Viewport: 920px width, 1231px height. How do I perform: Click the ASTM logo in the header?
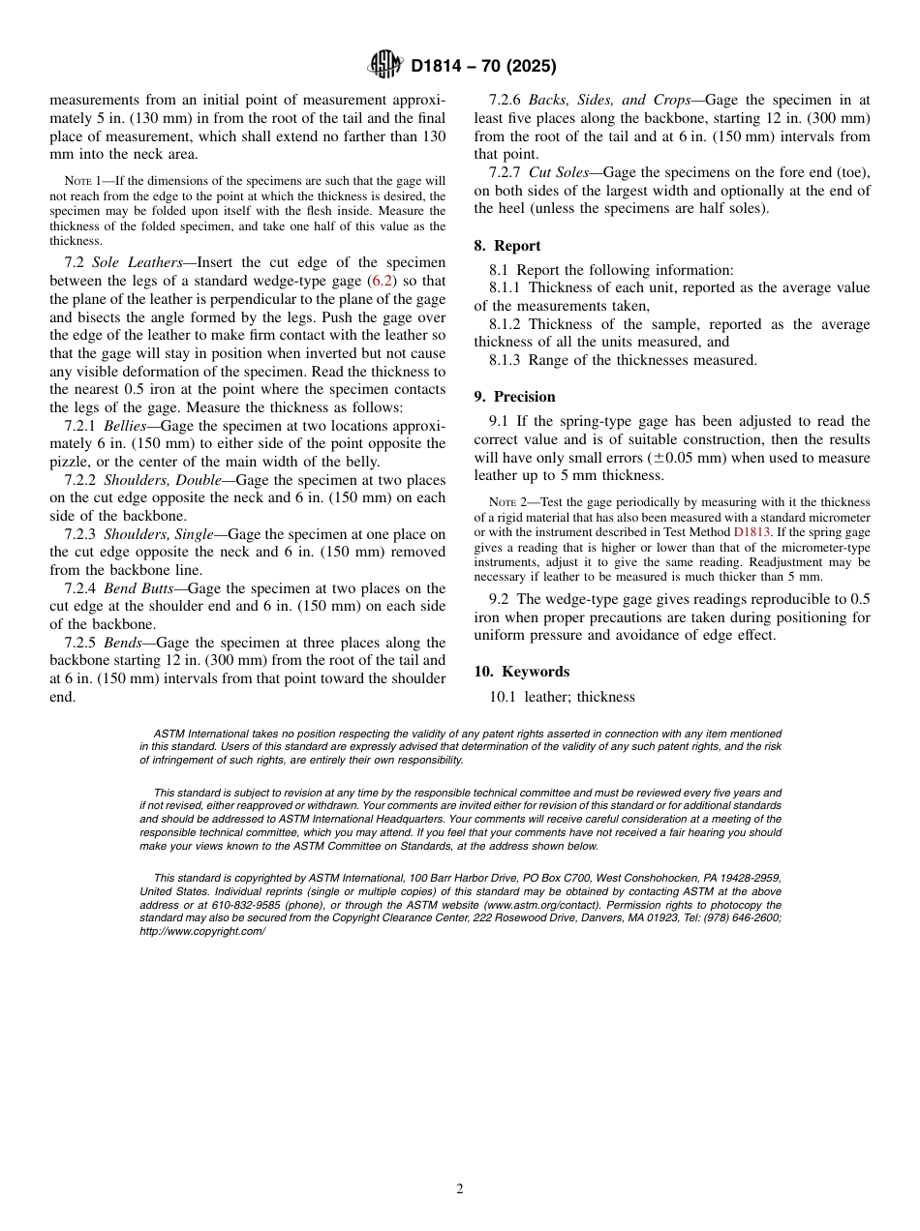pyautogui.click(x=385, y=66)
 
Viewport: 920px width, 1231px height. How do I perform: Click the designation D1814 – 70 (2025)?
pyautogui.click(x=483, y=67)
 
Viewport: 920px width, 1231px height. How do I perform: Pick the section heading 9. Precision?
pyautogui.click(x=514, y=397)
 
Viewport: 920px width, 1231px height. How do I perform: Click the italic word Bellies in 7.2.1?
pyautogui.click(x=125, y=426)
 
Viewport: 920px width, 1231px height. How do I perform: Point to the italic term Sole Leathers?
pyautogui.click(x=137, y=263)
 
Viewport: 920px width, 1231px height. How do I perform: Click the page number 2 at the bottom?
pyautogui.click(x=460, y=1189)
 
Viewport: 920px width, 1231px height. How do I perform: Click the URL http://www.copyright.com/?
pyautogui.click(x=201, y=931)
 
